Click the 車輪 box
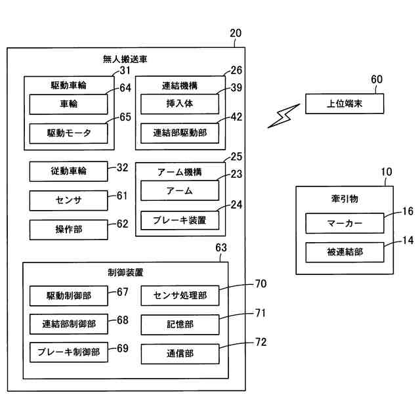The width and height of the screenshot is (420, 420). pos(68,104)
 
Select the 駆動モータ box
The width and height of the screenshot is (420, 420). pos(68,133)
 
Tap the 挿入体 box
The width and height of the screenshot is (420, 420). pos(180,104)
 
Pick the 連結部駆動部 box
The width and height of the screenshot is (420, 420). pos(180,133)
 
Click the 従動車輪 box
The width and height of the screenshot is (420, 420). pos(68,171)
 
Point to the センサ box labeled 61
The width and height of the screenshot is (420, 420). pos(68,200)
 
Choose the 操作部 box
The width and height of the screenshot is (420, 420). pos(68,229)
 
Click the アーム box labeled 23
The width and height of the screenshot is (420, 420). pos(180,191)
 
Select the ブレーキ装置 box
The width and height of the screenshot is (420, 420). pos(180,220)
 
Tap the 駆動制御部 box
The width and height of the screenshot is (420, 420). pos(68,296)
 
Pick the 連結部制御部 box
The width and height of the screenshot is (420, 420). pos(68,324)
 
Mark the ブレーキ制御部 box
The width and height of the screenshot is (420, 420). pos(68,352)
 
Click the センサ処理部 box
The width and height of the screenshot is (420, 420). pos(180,296)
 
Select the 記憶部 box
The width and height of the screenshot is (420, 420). pos(180,325)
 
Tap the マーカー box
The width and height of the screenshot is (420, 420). pos(345,223)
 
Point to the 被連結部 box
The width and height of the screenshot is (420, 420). pos(345,252)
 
